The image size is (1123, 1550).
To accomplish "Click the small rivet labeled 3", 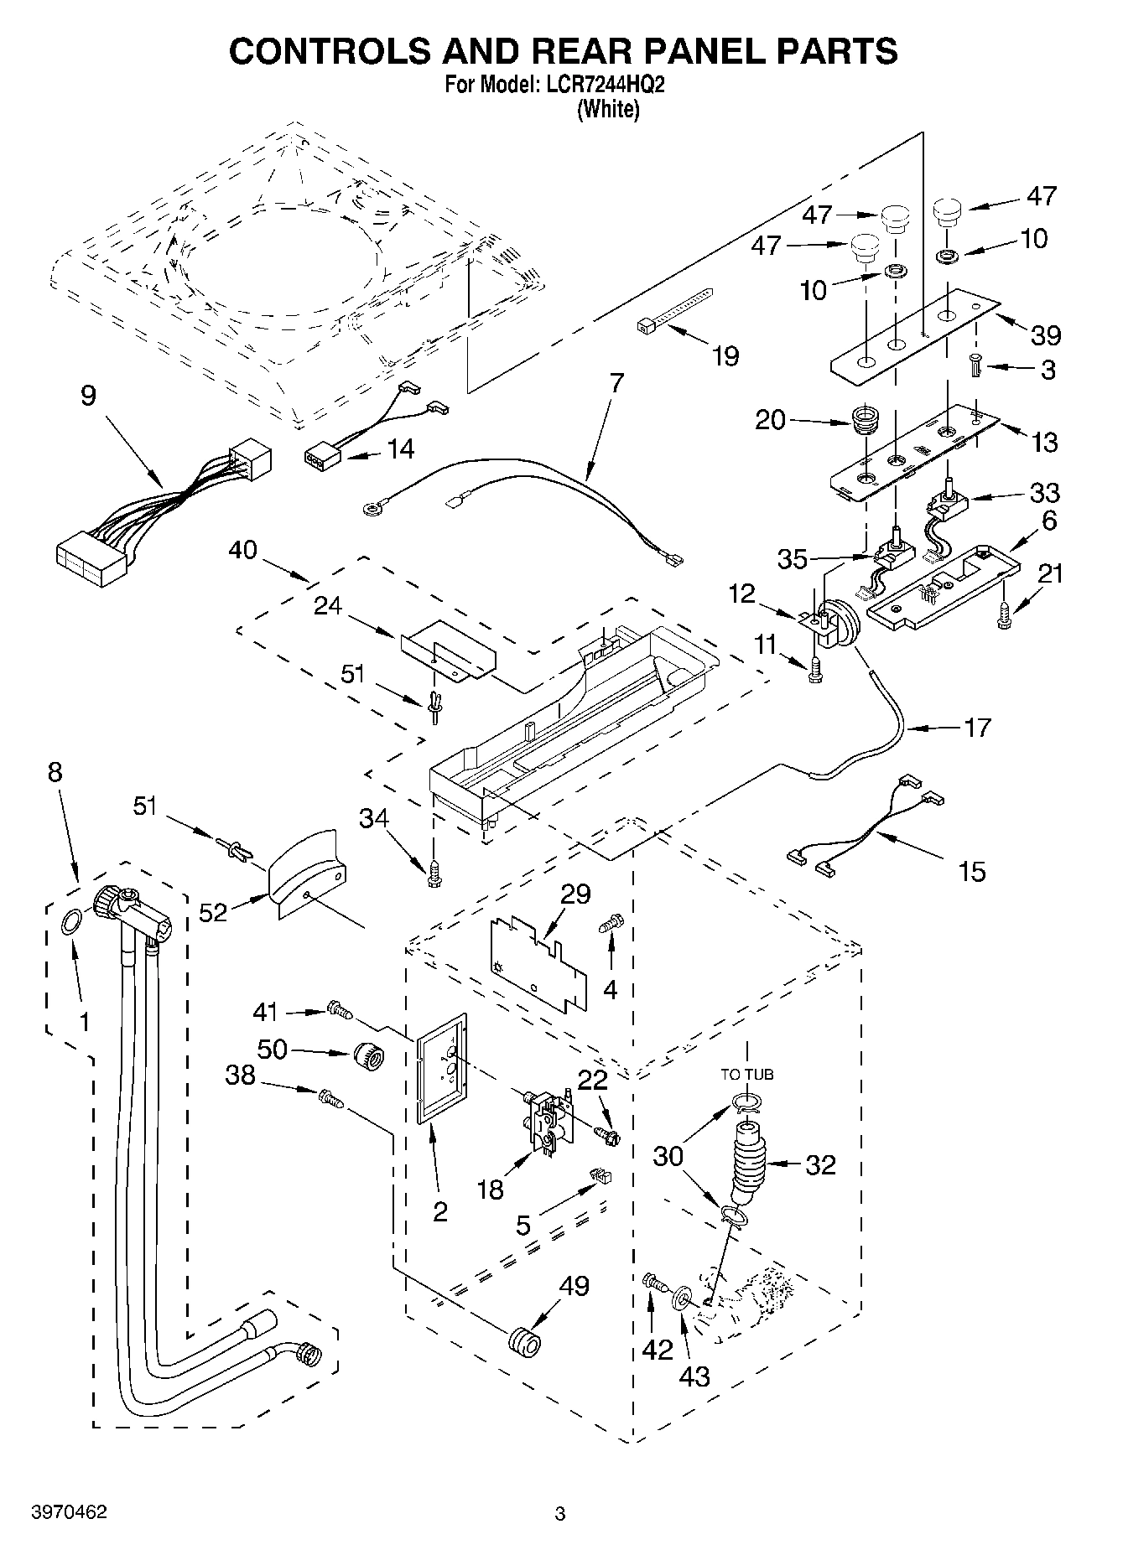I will tap(975, 365).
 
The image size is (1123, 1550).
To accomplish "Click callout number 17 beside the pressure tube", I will tap(977, 727).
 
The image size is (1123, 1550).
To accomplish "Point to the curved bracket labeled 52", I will tap(306, 877).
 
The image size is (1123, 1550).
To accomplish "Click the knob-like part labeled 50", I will tap(368, 1055).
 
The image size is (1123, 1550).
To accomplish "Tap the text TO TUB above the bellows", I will tap(746, 1074).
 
